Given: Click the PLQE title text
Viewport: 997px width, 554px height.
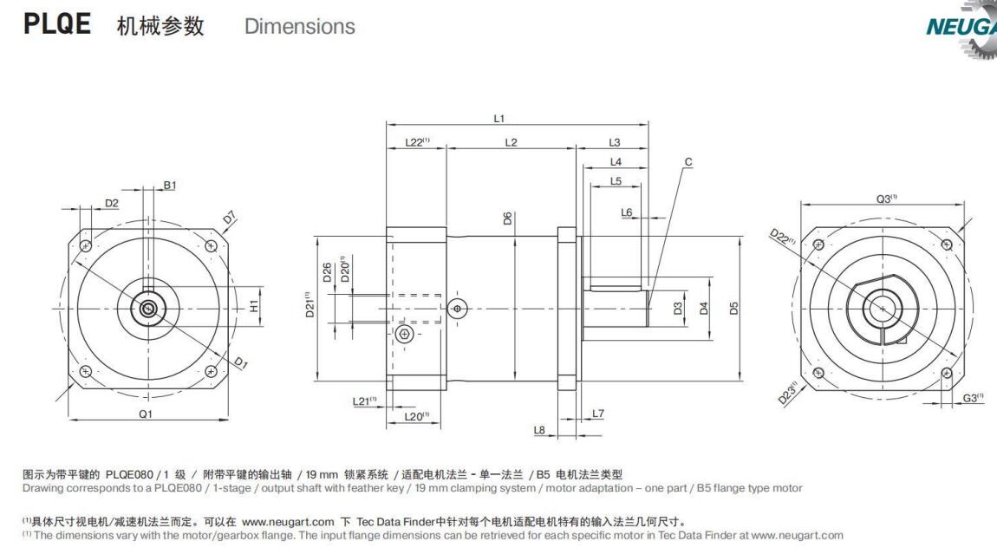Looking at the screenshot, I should (57, 24).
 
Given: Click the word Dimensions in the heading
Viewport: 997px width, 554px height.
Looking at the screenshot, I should (299, 27).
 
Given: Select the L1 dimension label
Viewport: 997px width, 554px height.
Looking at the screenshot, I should (498, 118).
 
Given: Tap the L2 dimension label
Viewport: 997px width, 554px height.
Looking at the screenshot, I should (511, 142).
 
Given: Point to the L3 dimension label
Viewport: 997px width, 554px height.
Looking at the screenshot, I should (615, 142).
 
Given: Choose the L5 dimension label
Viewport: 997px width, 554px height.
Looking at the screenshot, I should (616, 181).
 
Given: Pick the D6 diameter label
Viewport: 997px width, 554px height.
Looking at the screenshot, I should (507, 218).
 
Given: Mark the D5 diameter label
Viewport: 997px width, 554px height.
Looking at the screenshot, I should (733, 308).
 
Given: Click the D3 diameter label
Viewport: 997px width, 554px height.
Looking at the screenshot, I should (678, 308).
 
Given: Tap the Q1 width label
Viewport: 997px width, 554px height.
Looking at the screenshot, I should (146, 414).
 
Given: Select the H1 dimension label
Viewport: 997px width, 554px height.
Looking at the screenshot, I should (254, 306).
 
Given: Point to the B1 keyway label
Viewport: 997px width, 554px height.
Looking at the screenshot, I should (170, 186).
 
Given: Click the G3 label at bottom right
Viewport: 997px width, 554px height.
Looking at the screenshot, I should (974, 397).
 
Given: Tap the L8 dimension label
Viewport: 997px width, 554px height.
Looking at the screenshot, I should (539, 429).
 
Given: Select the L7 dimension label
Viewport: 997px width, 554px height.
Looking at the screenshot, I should (597, 413).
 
